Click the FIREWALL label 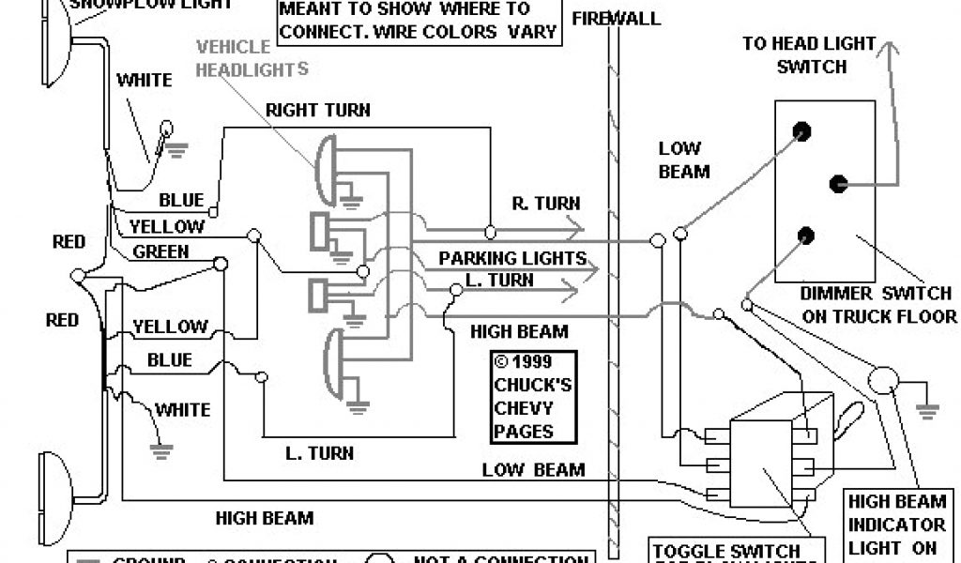point(616,19)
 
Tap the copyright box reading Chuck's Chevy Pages point(523,398)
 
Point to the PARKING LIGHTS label point(512,258)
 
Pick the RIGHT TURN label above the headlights point(317,111)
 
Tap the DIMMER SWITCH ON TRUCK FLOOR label point(879,305)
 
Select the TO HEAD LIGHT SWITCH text point(808,54)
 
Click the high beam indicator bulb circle point(881,380)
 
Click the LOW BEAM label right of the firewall point(683,160)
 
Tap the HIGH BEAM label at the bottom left point(264,517)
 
